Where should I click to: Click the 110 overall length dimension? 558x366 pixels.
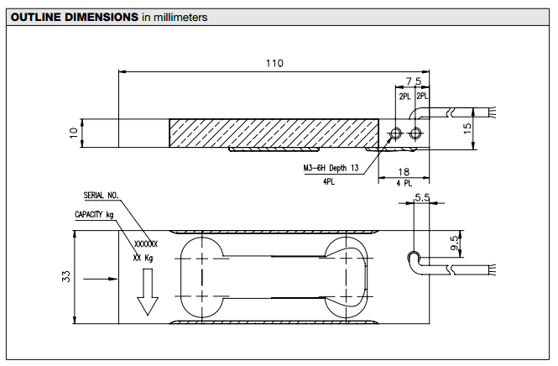(x=274, y=63)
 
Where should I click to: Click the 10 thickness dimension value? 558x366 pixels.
(x=73, y=131)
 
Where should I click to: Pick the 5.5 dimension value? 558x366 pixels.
(x=422, y=198)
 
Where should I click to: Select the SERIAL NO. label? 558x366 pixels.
(x=101, y=195)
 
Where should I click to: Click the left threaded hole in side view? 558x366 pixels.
(x=397, y=133)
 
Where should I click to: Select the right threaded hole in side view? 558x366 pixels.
(x=415, y=133)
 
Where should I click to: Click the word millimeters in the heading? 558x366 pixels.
(x=180, y=17)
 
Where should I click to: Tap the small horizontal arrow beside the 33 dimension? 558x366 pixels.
(x=107, y=277)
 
